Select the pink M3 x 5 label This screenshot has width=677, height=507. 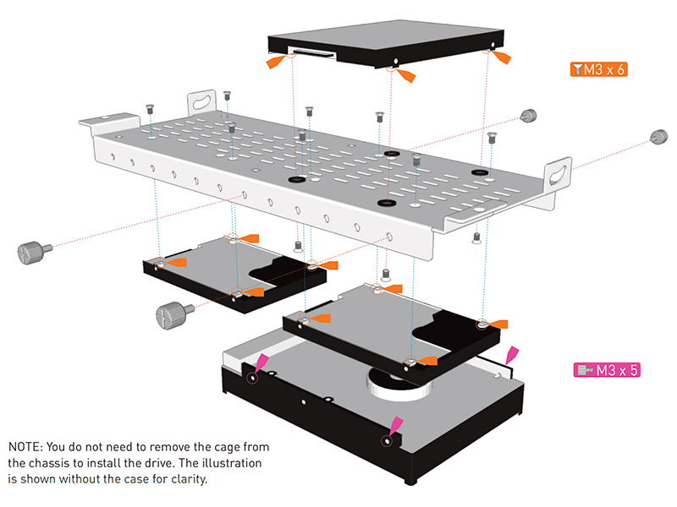pos(602,369)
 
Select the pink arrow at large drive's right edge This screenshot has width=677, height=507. pos(510,353)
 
